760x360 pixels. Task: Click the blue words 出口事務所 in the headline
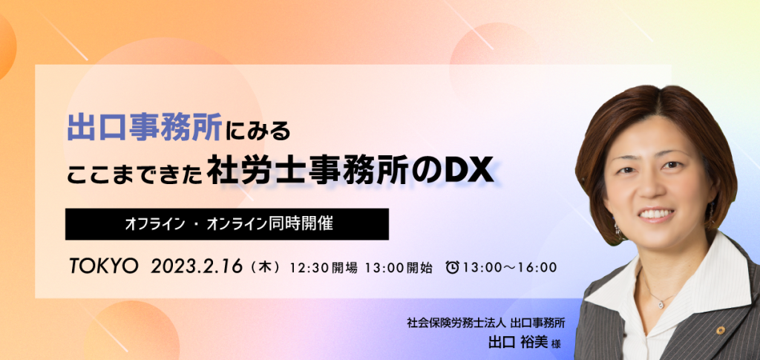[x=145, y=127]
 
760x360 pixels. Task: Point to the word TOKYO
[x=104, y=266]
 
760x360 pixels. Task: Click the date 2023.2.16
[x=196, y=266]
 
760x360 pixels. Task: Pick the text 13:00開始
[x=399, y=267]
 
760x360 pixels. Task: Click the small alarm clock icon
[x=452, y=267]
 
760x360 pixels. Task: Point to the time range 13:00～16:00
[x=509, y=267]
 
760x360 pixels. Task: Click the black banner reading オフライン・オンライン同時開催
[x=227, y=224]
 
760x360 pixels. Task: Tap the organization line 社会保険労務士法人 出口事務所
[x=487, y=323]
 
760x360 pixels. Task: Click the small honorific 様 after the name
[x=555, y=343]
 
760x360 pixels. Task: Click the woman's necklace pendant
[x=660, y=304]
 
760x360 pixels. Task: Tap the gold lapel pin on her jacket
[x=721, y=330]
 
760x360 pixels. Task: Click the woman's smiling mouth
[x=655, y=215]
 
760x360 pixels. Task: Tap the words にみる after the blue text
[x=258, y=130]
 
